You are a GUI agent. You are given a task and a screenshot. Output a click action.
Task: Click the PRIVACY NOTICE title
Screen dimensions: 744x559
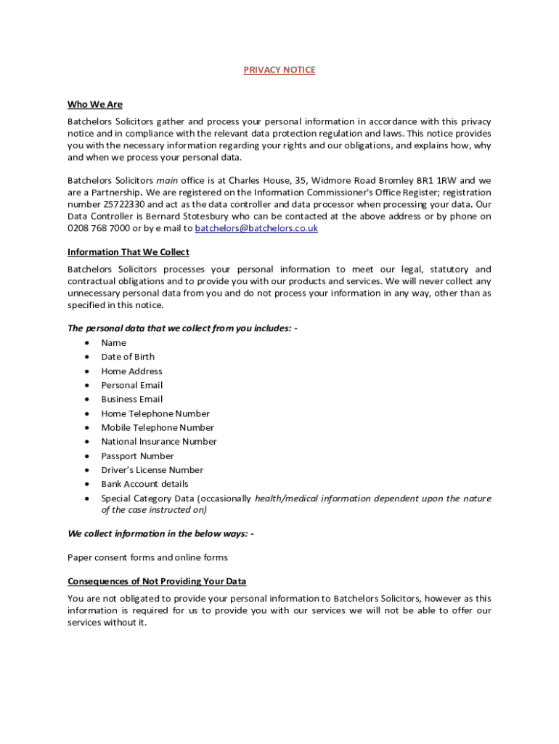[279, 70]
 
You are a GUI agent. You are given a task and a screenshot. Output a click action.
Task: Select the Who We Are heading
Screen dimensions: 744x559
[95, 105]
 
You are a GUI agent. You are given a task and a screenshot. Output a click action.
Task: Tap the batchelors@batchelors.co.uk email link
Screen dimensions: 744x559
[256, 228]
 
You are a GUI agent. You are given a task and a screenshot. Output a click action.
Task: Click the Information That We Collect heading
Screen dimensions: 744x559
[128, 252]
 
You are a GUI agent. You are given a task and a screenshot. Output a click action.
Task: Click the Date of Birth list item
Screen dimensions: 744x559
[128, 357]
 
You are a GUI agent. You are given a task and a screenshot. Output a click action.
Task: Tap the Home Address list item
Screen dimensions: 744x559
[131, 371]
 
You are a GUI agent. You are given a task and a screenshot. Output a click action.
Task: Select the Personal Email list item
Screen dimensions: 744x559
[131, 385]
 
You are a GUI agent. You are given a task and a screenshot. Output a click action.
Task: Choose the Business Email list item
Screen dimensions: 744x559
[131, 399]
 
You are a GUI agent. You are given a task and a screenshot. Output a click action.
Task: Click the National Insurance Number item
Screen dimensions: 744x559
[158, 442]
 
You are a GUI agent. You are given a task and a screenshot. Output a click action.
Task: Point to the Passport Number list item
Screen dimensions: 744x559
[137, 456]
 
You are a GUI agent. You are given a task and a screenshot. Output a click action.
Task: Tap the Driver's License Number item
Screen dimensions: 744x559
[152, 470]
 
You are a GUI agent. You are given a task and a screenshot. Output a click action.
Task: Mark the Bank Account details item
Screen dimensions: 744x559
[144, 484]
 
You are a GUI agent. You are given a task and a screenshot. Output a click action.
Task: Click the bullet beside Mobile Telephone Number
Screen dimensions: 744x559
[87, 428]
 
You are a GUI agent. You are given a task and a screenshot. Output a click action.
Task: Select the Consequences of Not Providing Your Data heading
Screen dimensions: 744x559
[157, 581]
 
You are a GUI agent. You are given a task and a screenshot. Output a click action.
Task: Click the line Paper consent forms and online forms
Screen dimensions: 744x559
[147, 557]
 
